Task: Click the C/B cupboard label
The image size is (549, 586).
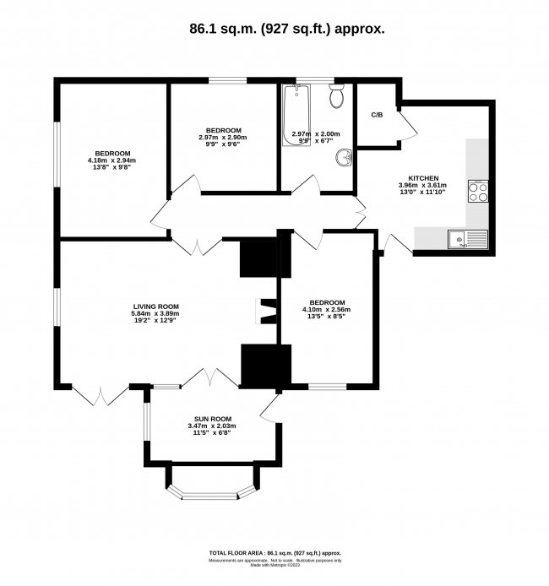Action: (377, 115)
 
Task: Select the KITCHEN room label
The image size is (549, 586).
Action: (422, 178)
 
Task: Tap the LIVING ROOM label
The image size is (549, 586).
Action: (156, 307)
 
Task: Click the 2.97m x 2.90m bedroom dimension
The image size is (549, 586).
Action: (223, 138)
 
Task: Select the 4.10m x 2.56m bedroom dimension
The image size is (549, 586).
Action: (326, 310)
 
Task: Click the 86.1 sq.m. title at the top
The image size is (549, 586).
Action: (274, 28)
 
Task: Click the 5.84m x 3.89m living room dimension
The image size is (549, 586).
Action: (156, 314)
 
